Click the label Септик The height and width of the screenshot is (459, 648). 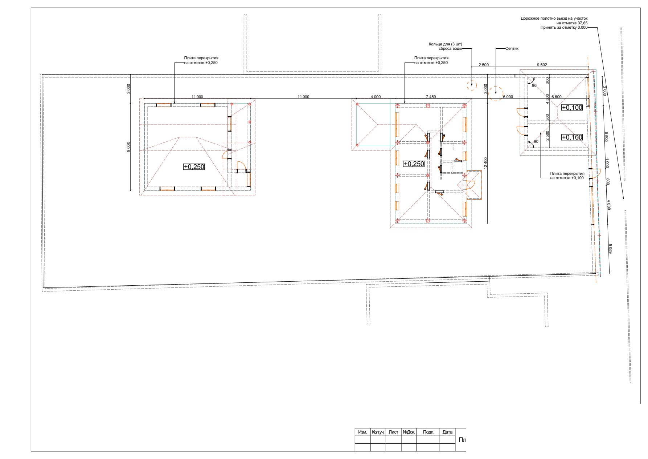(512, 49)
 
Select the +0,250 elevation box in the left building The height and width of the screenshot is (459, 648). (194, 167)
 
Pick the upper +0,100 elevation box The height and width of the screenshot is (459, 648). (572, 107)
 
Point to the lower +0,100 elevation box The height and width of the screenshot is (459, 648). (572, 137)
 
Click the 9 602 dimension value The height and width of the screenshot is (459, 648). (542, 65)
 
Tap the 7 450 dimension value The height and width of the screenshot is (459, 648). (431, 97)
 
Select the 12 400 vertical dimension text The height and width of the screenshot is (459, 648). (485, 164)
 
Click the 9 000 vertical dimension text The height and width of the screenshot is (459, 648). (128, 147)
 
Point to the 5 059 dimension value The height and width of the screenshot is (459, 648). (610, 249)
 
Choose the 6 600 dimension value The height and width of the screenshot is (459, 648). (556, 97)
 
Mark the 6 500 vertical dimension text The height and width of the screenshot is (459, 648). (606, 137)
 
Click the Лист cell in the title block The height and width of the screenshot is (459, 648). (393, 432)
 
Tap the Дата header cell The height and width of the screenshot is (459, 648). (447, 432)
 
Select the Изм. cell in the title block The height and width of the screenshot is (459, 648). (362, 432)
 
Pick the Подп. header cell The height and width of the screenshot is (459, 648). (428, 432)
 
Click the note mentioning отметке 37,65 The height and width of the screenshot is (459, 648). (554, 23)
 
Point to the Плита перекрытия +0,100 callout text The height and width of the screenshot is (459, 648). (567, 176)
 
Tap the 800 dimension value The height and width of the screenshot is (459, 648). (608, 181)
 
